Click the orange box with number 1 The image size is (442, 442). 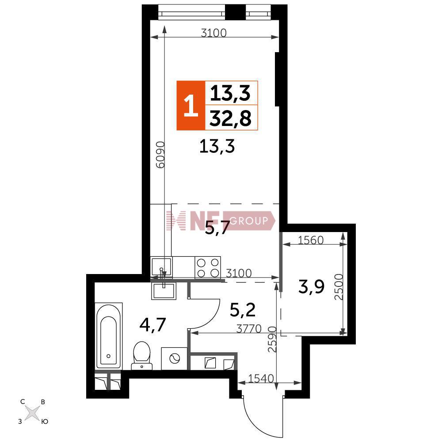tap(191, 106)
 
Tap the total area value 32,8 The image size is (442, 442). tap(231, 118)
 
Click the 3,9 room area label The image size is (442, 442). tap(312, 287)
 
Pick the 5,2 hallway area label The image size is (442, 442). tap(243, 310)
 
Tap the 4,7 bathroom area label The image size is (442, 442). tap(152, 325)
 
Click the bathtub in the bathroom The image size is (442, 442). tap(109, 336)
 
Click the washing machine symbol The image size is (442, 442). tap(174, 358)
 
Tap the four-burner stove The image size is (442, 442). tap(208, 267)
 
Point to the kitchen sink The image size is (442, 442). tap(161, 267)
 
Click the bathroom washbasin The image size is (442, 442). tap(164, 291)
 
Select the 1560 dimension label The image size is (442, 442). tap(311, 240)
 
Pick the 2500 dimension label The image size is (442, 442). tap(339, 287)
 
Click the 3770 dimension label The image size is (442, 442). tap(249, 328)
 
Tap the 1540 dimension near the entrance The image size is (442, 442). tap(261, 378)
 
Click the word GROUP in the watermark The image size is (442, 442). tap(248, 221)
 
